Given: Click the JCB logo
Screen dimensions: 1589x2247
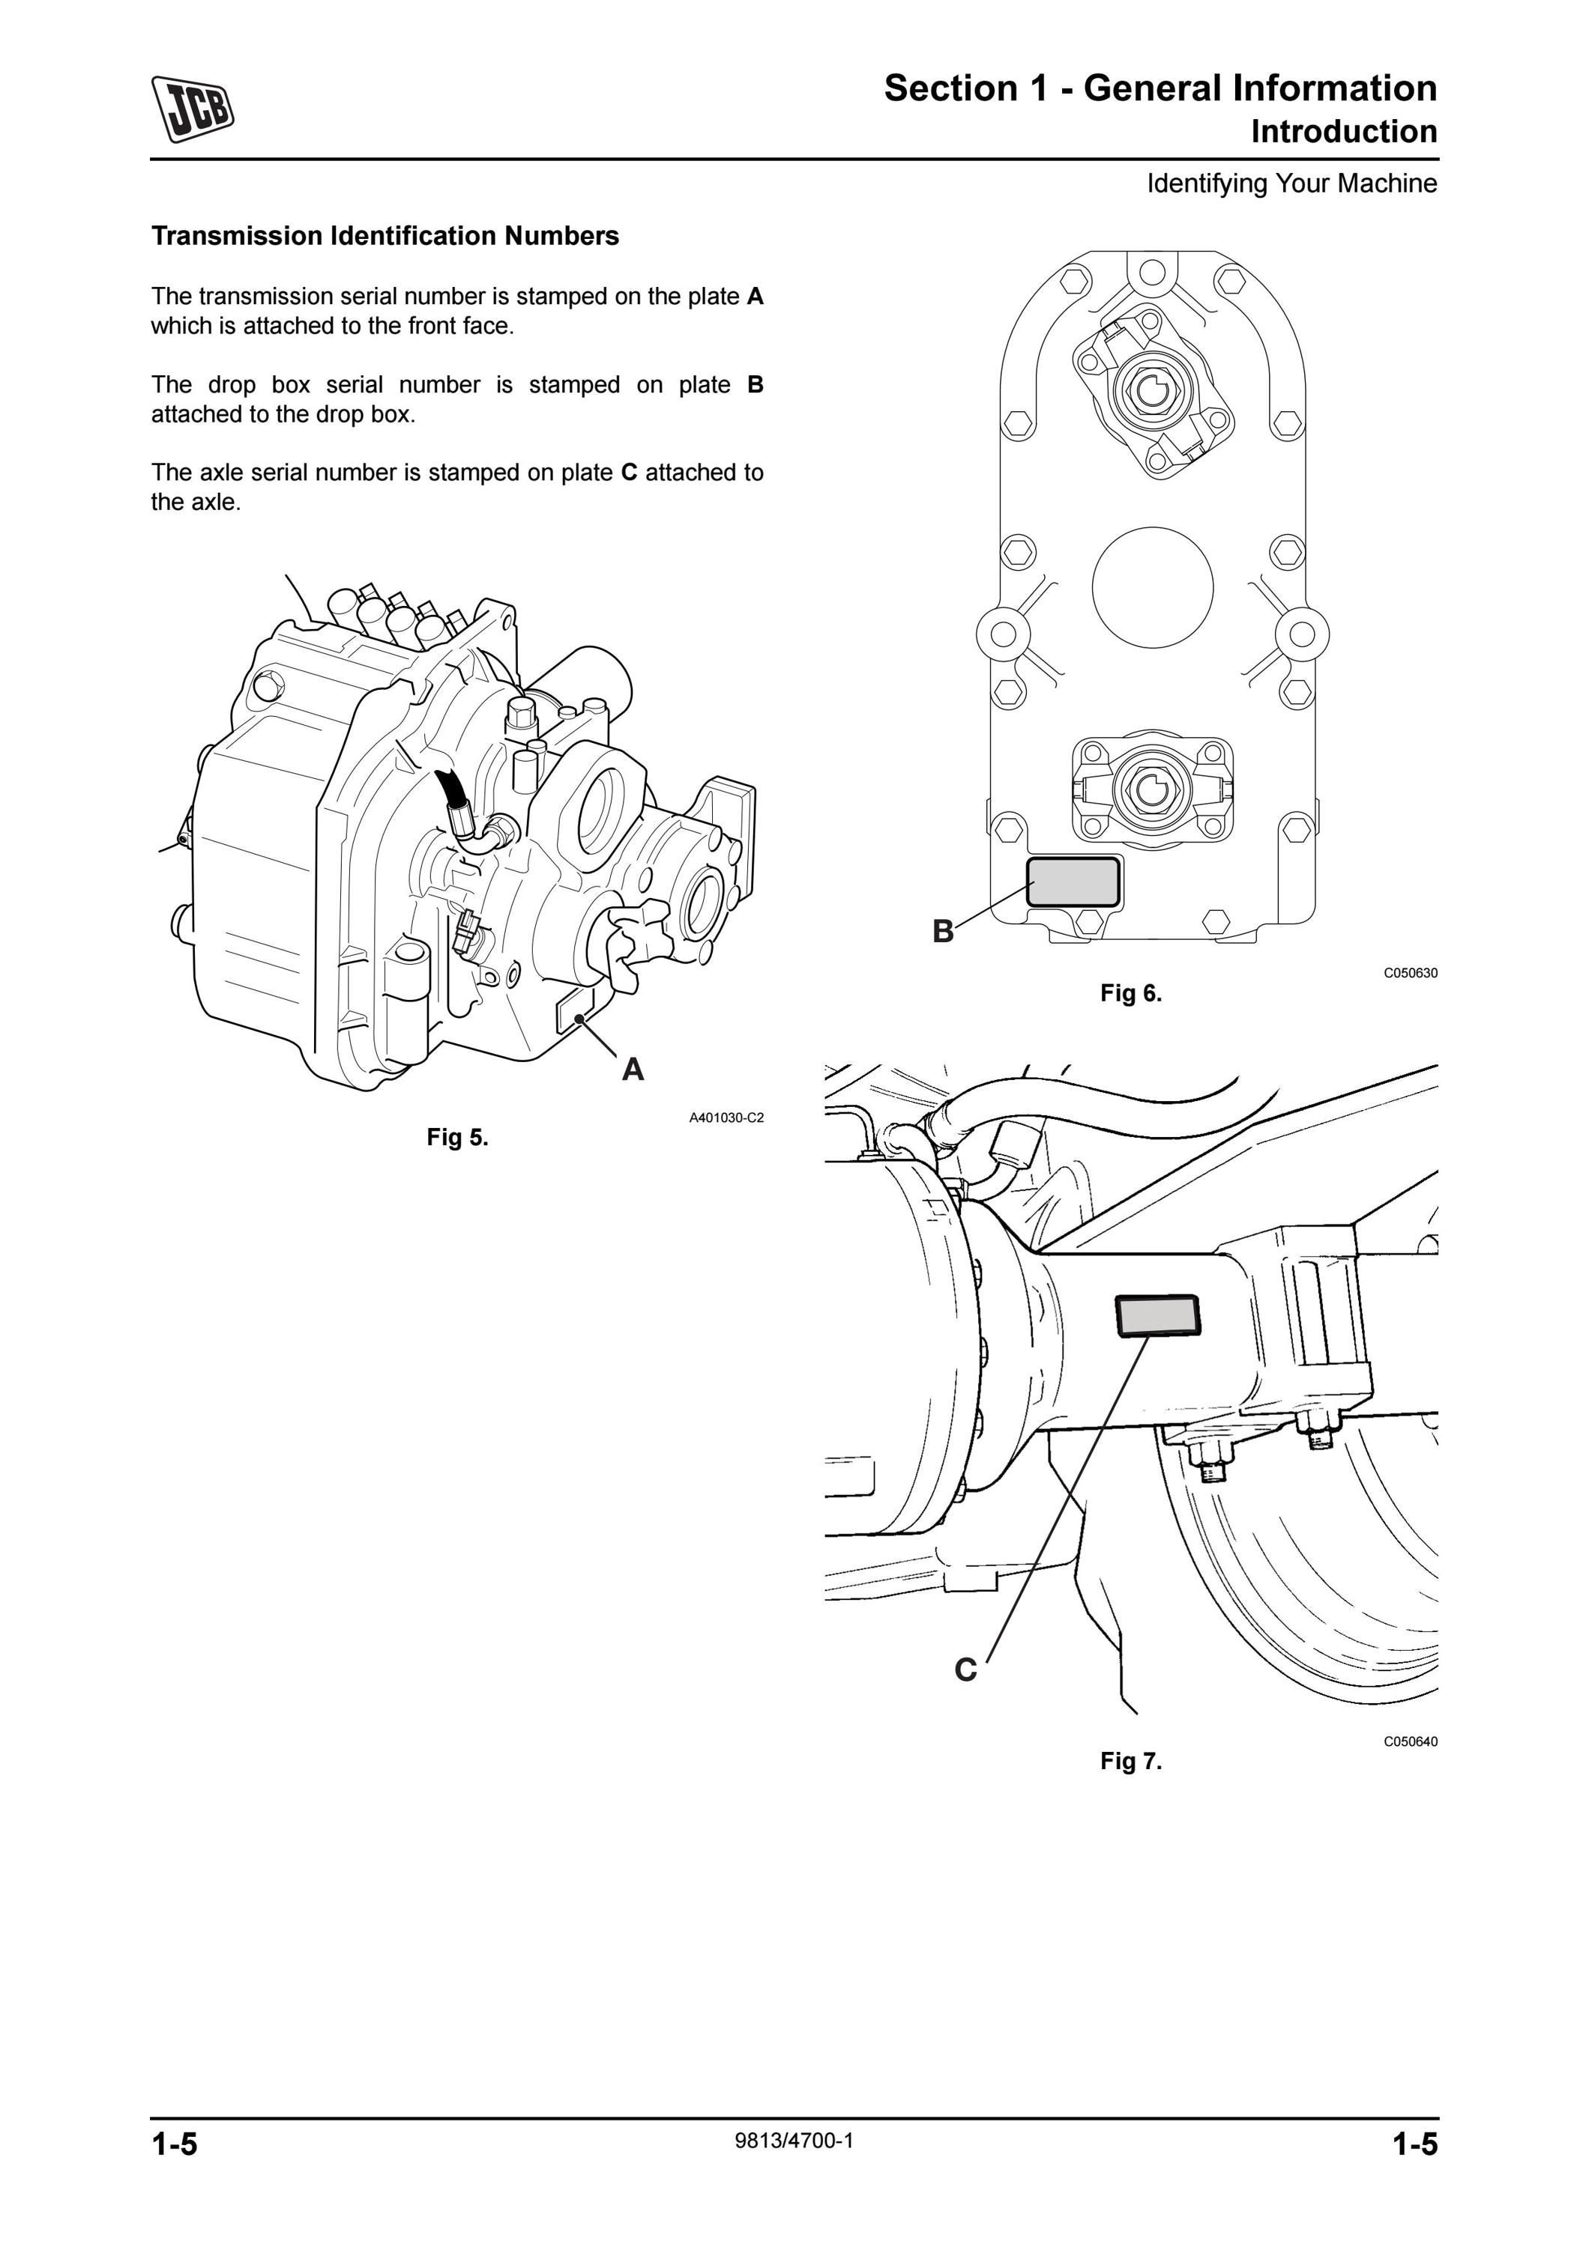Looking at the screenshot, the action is click(x=193, y=109).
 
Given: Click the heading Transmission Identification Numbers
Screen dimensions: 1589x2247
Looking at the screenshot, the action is click(x=385, y=236).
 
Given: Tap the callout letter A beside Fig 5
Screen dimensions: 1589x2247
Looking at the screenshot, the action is click(x=633, y=1070).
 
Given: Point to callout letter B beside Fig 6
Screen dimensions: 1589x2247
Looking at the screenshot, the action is click(x=943, y=931).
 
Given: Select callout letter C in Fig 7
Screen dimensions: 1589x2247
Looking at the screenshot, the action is click(x=965, y=1670).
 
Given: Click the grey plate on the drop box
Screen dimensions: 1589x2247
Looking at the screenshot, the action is click(x=1073, y=881).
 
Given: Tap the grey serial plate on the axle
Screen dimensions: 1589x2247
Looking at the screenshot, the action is click(x=1157, y=1314).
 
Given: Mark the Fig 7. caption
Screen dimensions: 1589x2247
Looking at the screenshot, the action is click(x=1131, y=1762).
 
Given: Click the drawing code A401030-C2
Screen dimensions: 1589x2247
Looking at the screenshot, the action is click(x=726, y=1118).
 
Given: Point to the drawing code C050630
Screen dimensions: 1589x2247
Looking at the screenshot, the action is click(x=1411, y=973).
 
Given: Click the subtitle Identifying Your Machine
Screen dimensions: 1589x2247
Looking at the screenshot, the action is click(x=1292, y=184).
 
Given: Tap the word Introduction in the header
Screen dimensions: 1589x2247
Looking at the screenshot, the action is click(x=1344, y=131).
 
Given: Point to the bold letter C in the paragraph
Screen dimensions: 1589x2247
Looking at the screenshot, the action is click(x=630, y=473).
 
